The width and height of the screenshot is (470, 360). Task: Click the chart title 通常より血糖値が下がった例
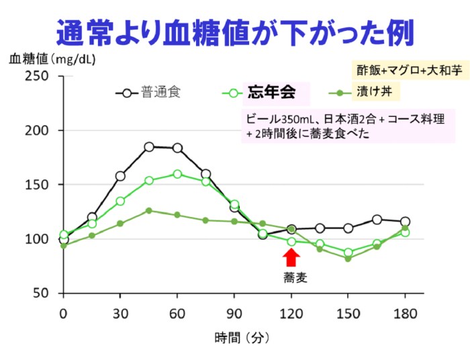pyautogui.click(x=234, y=32)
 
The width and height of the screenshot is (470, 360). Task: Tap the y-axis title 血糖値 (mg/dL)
pyautogui.click(x=52, y=59)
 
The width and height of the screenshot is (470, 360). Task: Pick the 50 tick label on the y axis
pyautogui.click(x=41, y=294)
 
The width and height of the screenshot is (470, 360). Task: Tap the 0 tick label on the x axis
pyautogui.click(x=63, y=314)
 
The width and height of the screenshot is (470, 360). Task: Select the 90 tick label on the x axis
pyautogui.click(x=234, y=314)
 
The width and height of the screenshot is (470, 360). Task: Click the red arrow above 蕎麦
pyautogui.click(x=291, y=257)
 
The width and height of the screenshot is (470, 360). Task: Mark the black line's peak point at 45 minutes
pyautogui.click(x=149, y=146)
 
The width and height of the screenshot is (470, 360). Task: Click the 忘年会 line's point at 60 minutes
pyautogui.click(x=177, y=174)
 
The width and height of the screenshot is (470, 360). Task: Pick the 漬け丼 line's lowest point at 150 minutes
pyautogui.click(x=348, y=259)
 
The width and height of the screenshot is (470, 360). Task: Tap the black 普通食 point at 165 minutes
pyautogui.click(x=377, y=220)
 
